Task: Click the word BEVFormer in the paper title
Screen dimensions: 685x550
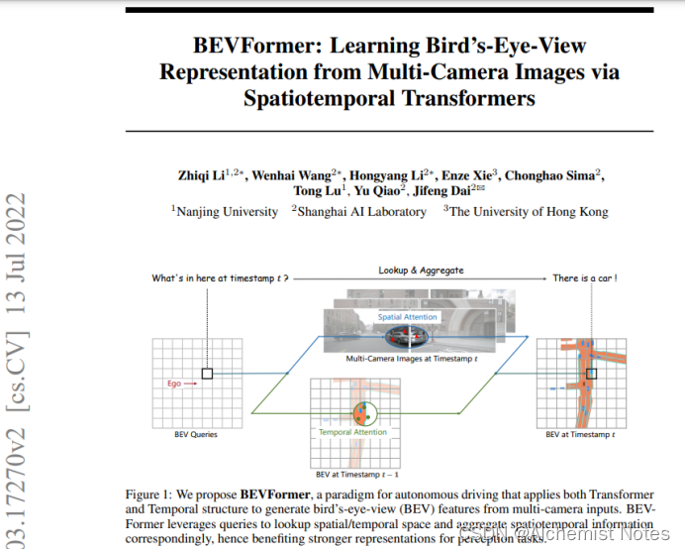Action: [x=243, y=46]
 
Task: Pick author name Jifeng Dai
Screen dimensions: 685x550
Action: [x=441, y=190]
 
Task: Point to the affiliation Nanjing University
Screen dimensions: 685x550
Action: [x=228, y=211]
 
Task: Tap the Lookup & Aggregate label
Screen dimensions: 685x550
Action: [x=420, y=270]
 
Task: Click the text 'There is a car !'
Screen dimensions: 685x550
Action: [x=585, y=278]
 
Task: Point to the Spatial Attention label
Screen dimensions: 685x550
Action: [x=409, y=317]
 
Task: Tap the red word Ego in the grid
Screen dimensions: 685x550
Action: [x=174, y=383]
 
